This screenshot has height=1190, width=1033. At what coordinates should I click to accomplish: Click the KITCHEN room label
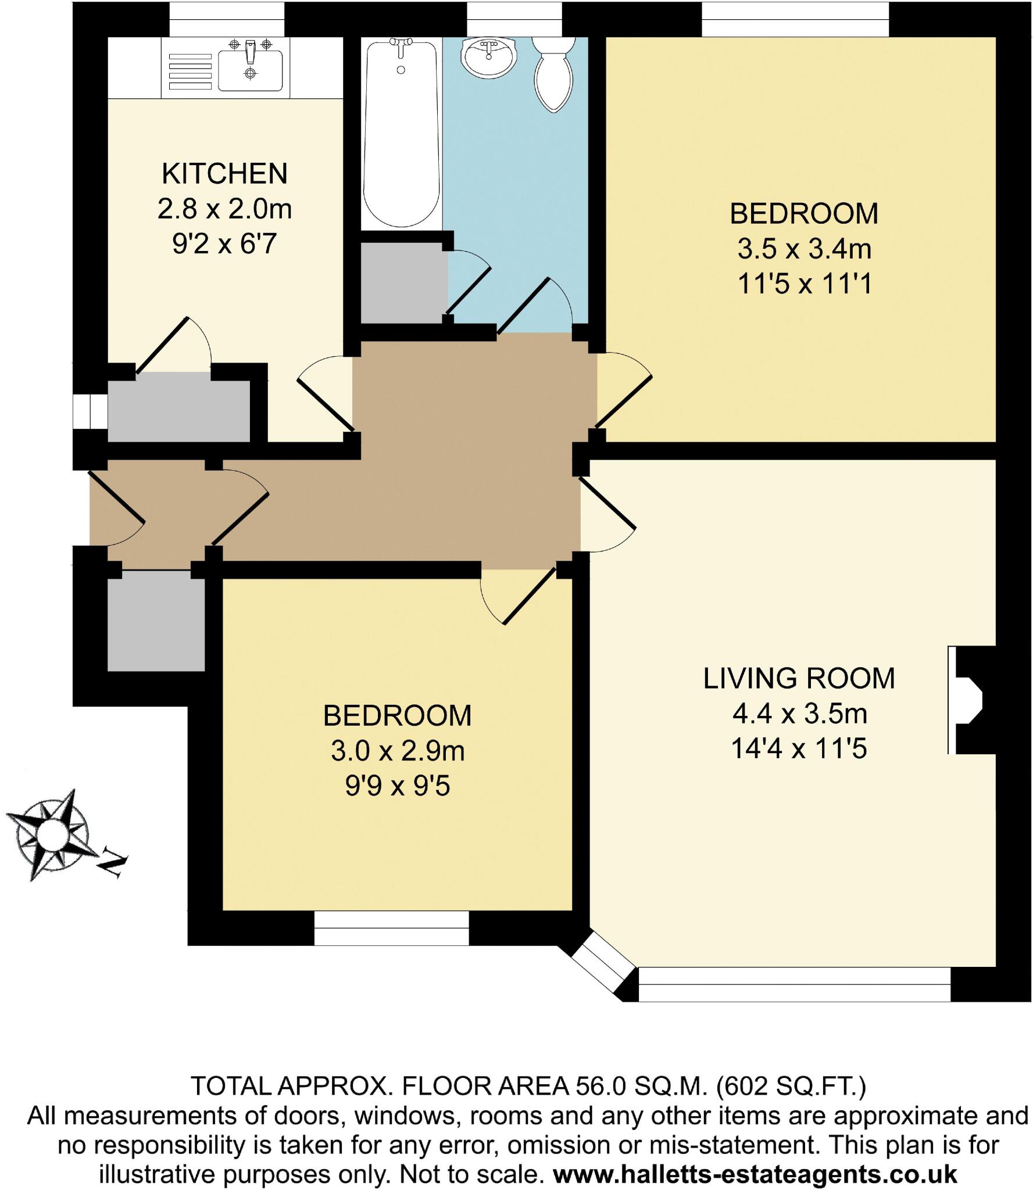point(224,174)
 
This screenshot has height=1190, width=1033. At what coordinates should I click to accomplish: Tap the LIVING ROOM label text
point(799,679)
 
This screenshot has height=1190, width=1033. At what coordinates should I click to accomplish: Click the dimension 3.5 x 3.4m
point(804,250)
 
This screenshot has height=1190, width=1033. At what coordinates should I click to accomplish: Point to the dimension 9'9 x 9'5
point(397,787)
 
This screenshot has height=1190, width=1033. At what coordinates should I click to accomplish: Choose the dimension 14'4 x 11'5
point(799,749)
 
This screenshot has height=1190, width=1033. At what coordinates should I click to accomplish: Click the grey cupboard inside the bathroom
point(403,282)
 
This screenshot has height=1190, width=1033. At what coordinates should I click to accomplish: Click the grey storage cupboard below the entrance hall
point(156,621)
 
